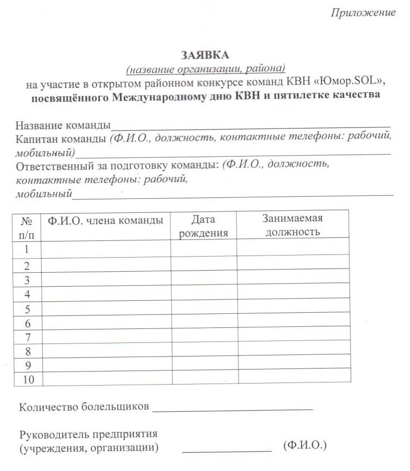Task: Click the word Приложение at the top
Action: [363, 13]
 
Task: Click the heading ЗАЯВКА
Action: [205, 55]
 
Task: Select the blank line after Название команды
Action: [250, 125]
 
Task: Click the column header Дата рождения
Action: [203, 226]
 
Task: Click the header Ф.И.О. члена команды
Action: [106, 220]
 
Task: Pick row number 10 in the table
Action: [28, 379]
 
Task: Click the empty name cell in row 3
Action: [106, 280]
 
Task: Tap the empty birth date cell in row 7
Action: [203, 337]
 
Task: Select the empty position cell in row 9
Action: [293, 365]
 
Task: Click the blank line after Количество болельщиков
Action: [232, 409]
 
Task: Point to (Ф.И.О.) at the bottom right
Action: [305, 446]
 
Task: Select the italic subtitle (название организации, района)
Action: [206, 69]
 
